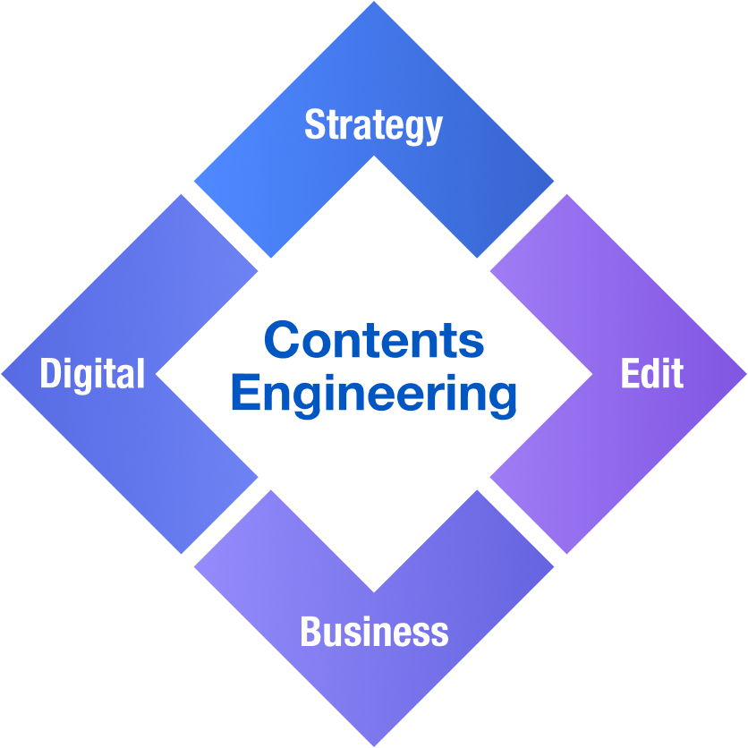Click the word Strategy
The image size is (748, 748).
pos(373,124)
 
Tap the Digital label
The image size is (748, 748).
pos(92,373)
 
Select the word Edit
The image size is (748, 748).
pos(652,373)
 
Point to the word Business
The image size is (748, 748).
pos(374,632)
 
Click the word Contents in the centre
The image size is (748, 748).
pos(374,341)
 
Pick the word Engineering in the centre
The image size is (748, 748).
pos(374,395)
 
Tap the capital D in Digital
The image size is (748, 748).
pos(49,373)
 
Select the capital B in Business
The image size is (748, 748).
pos(310,632)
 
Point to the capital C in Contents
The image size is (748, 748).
pos(281,341)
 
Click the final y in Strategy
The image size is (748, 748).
pos(433,129)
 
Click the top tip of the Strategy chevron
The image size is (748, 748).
pos(374,4)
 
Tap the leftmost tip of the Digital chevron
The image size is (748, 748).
pos(4,374)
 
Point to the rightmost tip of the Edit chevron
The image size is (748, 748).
pos(744,374)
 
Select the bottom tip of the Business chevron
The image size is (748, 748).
pos(374,744)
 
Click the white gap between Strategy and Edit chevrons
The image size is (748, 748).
pos(522,226)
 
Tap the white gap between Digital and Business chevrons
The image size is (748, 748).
pos(226,522)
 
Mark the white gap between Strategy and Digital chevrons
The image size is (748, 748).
pos(226,226)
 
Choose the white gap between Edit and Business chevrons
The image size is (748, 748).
pos(522,522)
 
